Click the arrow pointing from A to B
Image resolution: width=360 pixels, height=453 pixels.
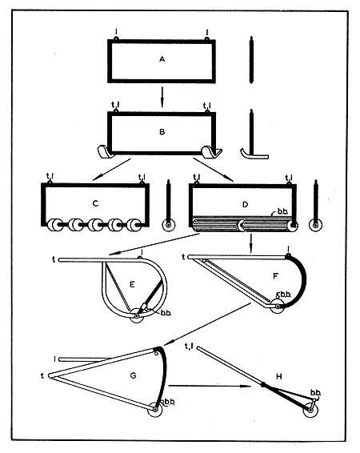point(162,94)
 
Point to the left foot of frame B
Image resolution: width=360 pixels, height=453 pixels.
point(103,150)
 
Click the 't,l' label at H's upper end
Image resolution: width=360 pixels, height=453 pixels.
point(189,346)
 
